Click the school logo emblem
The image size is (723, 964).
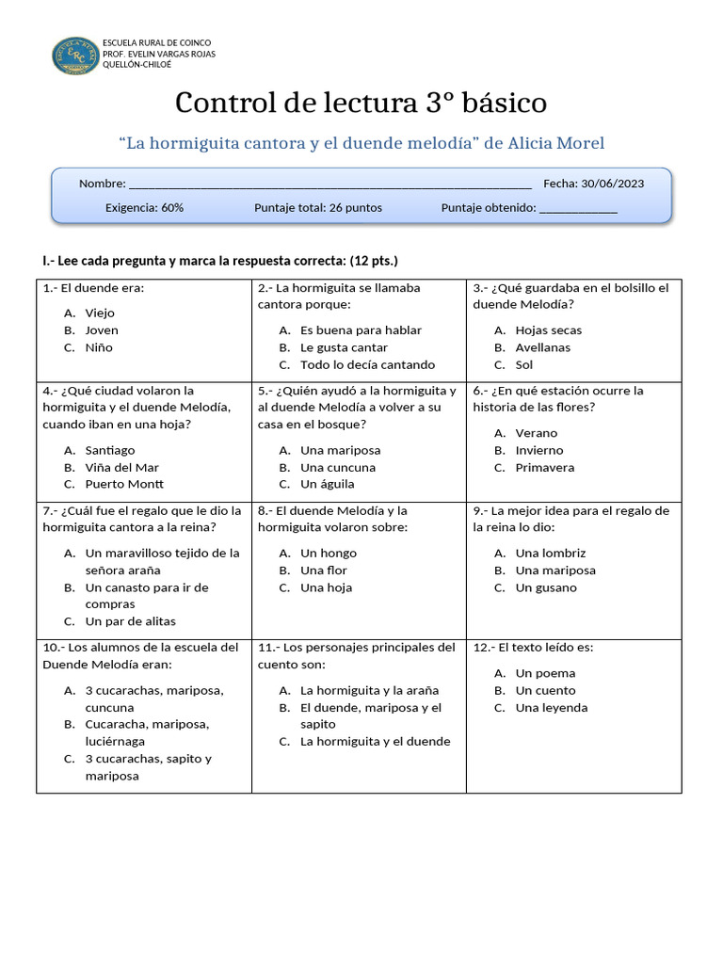point(74,55)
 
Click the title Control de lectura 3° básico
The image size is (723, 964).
point(361,103)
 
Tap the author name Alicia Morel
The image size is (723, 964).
point(555,143)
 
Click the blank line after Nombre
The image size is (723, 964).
point(329,185)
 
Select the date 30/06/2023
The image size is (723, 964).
point(613,184)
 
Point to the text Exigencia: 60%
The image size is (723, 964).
point(144,208)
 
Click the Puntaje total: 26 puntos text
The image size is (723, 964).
point(318,208)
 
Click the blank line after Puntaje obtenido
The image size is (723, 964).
point(578,210)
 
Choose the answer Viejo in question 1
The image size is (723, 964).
point(99,313)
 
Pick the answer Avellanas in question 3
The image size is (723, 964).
point(542,347)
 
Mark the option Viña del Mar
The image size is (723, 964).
point(121,467)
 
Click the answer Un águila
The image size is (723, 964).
point(327,484)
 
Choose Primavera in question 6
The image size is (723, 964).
point(544,467)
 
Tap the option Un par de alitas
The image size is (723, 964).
point(130,621)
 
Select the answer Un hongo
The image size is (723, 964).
point(328,554)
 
